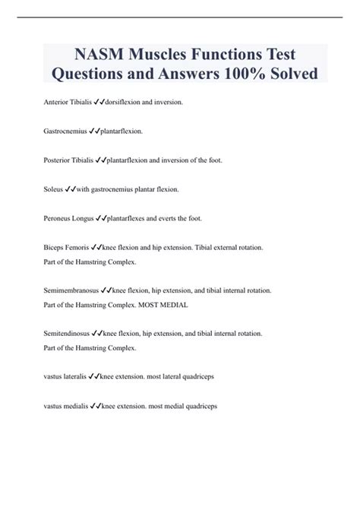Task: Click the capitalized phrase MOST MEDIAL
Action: click(171, 305)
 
